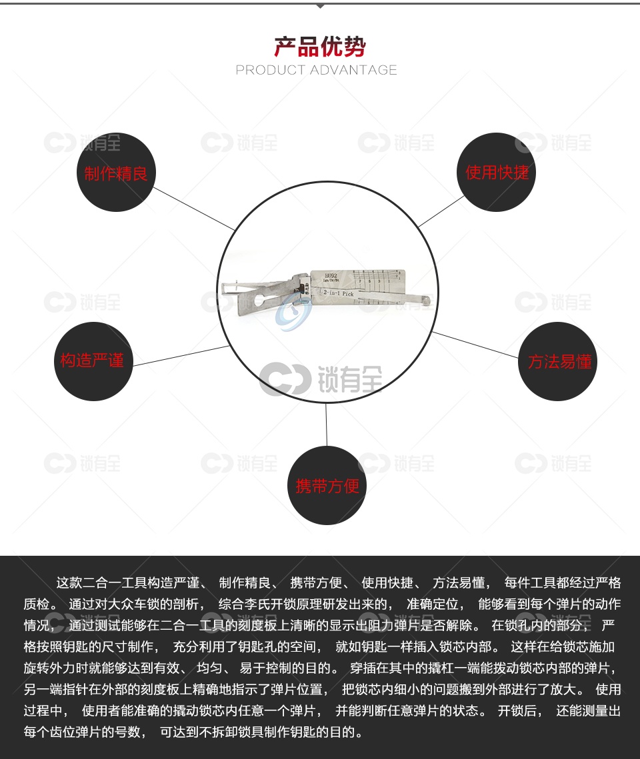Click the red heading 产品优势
coord(320,47)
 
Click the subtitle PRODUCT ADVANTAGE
coord(317,70)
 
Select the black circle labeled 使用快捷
coord(497,172)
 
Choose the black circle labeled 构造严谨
coord(93,361)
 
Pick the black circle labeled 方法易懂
coord(558,361)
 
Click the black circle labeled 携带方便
coord(327,485)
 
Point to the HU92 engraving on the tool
coord(331,274)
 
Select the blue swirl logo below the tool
coord(293,313)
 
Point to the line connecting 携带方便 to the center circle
coord(327,425)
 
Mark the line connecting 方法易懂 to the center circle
coord(476,345)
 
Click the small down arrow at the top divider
coord(320,6)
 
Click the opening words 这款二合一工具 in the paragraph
coord(96,583)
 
